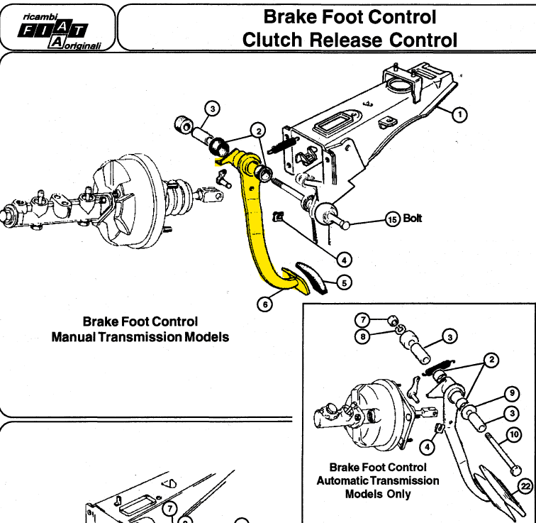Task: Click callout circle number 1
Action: pyautogui.click(x=459, y=114)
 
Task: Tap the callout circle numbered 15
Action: pyautogui.click(x=393, y=219)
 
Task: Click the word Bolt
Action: pyautogui.click(x=412, y=219)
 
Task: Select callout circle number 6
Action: pyautogui.click(x=265, y=304)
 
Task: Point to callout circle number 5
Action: pyautogui.click(x=345, y=283)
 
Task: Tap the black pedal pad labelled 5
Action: pyautogui.click(x=312, y=277)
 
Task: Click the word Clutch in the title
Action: pyautogui.click(x=272, y=40)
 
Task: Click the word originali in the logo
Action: pyautogui.click(x=82, y=45)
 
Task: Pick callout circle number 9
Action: pyautogui.click(x=512, y=393)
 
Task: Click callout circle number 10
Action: pyautogui.click(x=514, y=434)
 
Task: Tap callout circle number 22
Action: pyautogui.click(x=525, y=485)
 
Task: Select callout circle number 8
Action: pyautogui.click(x=363, y=336)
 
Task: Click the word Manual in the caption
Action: pyautogui.click(x=74, y=337)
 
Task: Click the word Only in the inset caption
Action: pyautogui.click(x=399, y=495)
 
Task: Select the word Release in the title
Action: pyautogui.click(x=346, y=40)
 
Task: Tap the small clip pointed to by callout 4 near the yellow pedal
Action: pyautogui.click(x=278, y=216)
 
